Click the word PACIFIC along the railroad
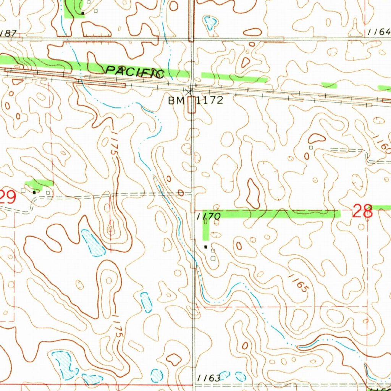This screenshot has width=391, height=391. point(135,71)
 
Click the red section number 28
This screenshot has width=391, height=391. point(362,211)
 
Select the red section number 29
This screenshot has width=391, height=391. point(8,198)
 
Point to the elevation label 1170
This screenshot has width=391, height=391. point(208,217)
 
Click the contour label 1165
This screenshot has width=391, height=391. point(298,283)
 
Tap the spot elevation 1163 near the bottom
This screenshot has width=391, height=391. point(209,378)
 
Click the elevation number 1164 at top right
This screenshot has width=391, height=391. point(380,33)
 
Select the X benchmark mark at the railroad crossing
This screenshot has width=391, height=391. point(189,91)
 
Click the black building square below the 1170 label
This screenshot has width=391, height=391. point(206,247)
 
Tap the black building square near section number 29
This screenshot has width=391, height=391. point(34,192)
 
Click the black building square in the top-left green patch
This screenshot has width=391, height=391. point(82,13)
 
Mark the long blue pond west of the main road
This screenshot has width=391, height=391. point(93,243)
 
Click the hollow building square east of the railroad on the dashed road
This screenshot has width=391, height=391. point(311,147)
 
